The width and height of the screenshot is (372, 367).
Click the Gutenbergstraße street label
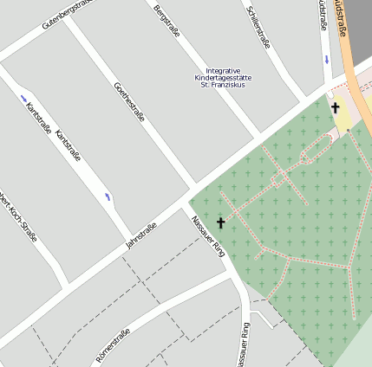(66, 16)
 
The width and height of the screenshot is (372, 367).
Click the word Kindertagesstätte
(223, 78)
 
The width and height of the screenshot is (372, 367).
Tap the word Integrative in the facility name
(223, 71)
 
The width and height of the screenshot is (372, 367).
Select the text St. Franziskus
(223, 85)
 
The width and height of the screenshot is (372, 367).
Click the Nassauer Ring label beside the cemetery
(208, 234)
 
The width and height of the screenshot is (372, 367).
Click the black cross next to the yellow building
(335, 108)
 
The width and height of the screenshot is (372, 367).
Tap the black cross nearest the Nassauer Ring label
(220, 222)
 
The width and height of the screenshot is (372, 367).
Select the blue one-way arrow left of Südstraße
(326, 60)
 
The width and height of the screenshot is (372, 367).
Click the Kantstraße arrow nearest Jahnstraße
(107, 197)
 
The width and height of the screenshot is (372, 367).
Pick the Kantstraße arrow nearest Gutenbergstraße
(23, 97)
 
